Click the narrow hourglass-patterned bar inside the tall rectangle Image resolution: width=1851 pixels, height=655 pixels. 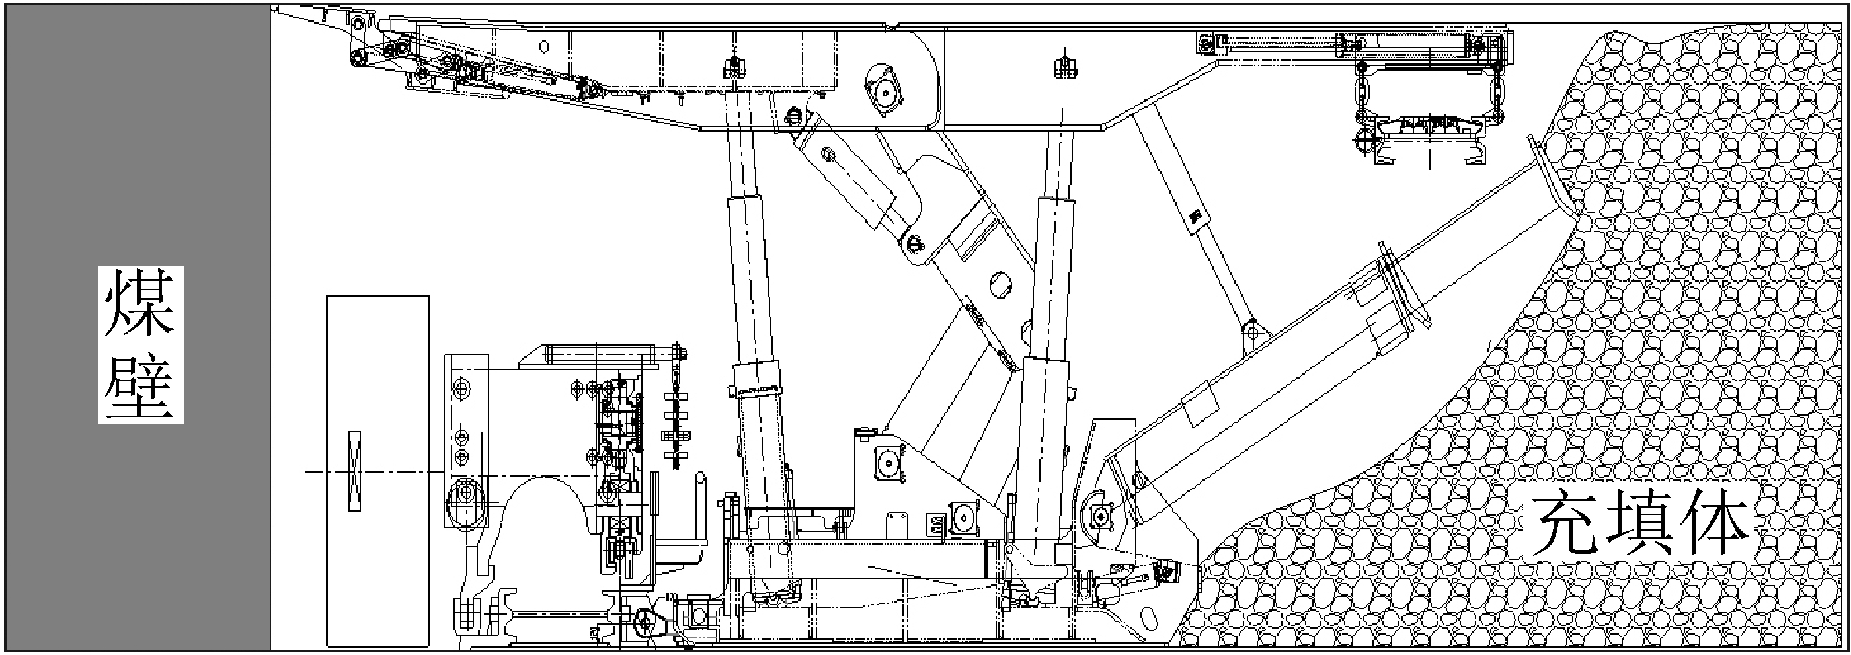point(354,471)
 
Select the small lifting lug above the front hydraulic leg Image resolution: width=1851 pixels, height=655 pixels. point(734,66)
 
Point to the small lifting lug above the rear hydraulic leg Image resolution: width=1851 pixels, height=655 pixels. point(1064,67)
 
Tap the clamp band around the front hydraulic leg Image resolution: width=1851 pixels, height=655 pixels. point(756,379)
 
